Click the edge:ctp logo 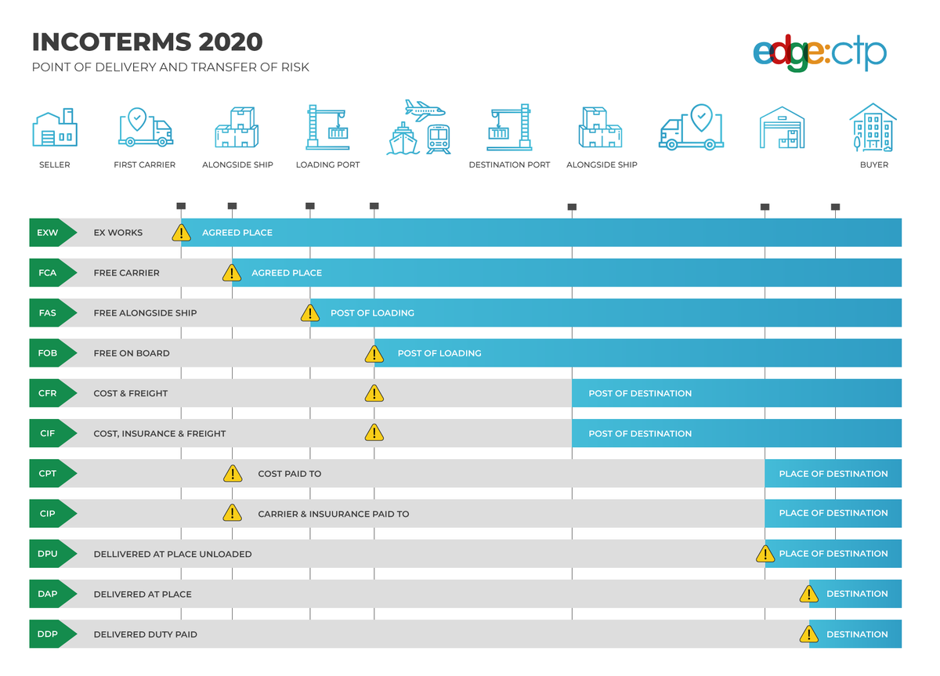click(x=819, y=54)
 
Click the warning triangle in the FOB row click(x=374, y=354)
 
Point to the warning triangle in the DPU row click(x=765, y=555)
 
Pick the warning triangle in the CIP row click(x=233, y=513)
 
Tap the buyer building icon click(x=873, y=128)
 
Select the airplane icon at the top click(x=425, y=110)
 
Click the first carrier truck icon click(x=145, y=128)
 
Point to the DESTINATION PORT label click(x=509, y=165)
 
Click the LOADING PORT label click(x=327, y=165)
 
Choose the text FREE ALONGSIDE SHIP click(x=145, y=313)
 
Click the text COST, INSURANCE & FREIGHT click(x=159, y=434)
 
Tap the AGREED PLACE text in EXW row click(x=237, y=233)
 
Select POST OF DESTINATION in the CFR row click(x=640, y=393)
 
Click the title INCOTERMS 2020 click(x=147, y=42)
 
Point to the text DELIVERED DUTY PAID click(x=145, y=634)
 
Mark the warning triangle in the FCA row click(x=232, y=273)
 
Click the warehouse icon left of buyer click(x=782, y=128)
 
